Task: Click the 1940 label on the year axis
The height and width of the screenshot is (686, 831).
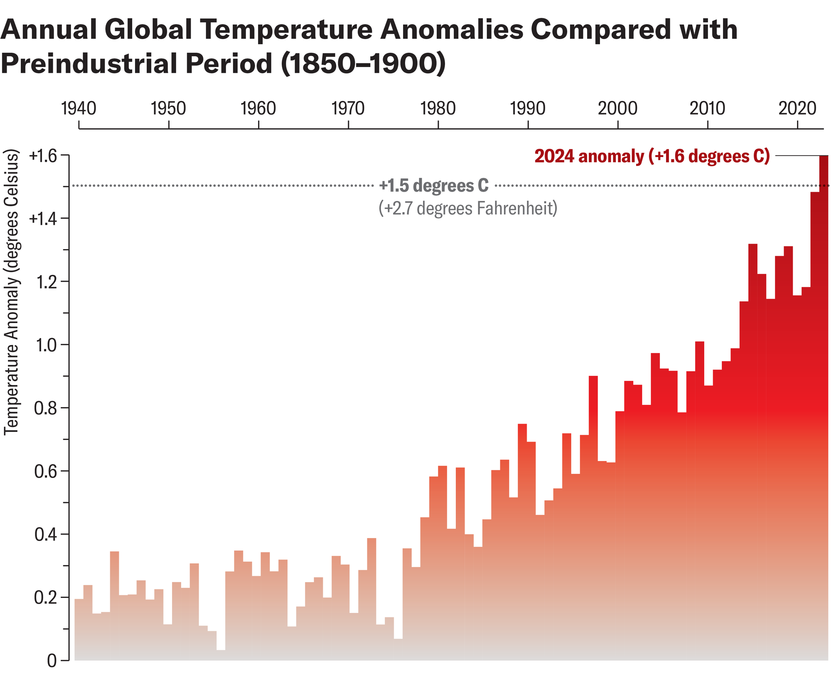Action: (x=79, y=109)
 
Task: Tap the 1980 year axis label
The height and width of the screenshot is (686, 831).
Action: (x=438, y=109)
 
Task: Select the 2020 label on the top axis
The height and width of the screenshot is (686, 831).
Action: (x=797, y=109)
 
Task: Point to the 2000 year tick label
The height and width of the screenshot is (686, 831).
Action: (x=617, y=109)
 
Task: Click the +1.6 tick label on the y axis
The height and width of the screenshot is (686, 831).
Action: (x=42, y=156)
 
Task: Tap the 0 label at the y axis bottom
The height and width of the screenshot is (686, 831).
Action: (x=52, y=661)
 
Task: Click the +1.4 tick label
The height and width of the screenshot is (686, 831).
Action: (x=42, y=219)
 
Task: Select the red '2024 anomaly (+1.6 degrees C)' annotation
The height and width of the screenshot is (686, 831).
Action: (x=652, y=156)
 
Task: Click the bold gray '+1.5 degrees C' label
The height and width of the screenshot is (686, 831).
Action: (x=434, y=186)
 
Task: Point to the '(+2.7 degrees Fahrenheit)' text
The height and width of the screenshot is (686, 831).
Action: (x=468, y=208)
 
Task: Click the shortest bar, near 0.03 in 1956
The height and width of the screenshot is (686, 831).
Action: (x=221, y=655)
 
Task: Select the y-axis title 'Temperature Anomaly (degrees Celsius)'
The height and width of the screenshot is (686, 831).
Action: (x=12, y=292)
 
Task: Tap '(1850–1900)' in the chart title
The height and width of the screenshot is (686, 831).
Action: (x=363, y=64)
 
